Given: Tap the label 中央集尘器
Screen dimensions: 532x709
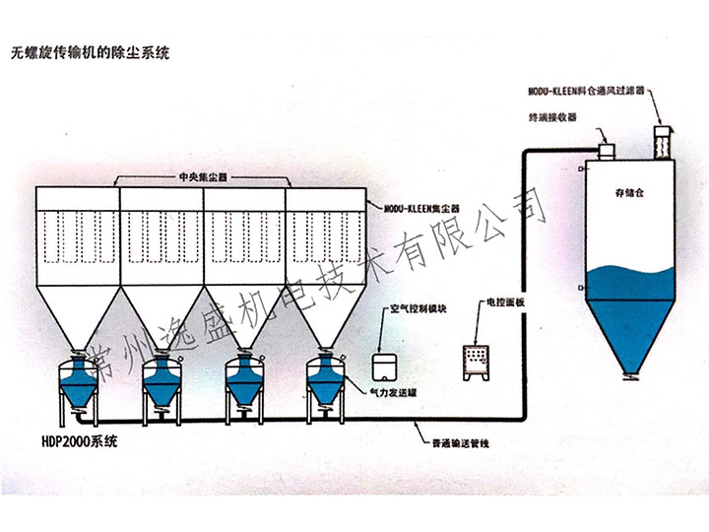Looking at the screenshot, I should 203,177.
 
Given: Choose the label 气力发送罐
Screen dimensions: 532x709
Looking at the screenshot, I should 391,391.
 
